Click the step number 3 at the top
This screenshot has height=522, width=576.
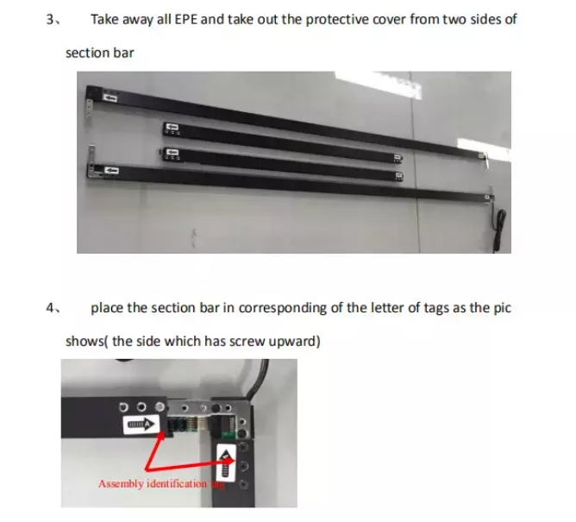(49, 20)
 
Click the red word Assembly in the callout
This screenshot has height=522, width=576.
(121, 483)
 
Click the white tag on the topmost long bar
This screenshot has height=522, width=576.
(110, 98)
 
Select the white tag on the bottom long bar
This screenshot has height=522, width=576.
(110, 171)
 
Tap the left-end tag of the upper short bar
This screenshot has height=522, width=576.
(172, 129)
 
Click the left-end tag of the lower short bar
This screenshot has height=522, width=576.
(170, 153)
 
